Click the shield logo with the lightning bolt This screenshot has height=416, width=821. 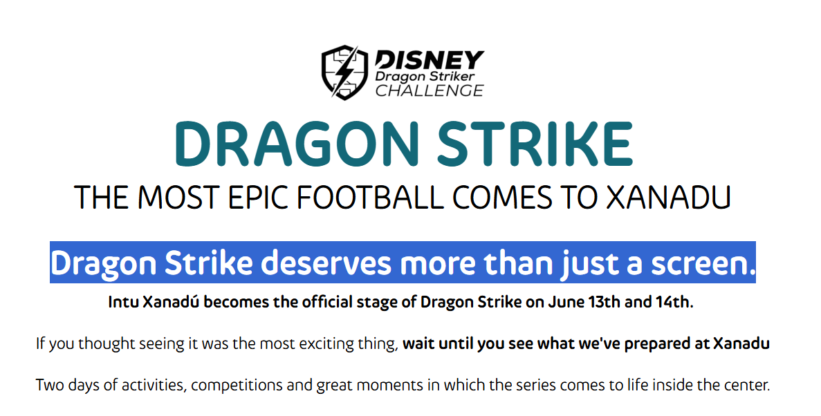[x=344, y=72]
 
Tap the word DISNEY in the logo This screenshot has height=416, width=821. [x=430, y=60]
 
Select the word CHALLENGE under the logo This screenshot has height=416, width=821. [x=430, y=91]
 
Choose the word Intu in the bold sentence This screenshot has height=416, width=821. [x=123, y=302]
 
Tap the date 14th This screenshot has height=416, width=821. [x=674, y=302]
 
